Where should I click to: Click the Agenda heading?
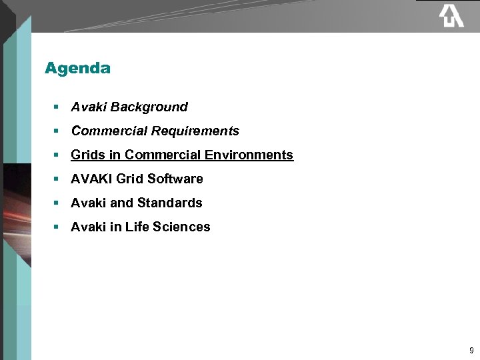coord(77,68)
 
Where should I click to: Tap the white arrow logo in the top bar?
coord(451,15)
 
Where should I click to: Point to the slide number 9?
coord(471,351)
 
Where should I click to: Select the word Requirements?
coord(195,131)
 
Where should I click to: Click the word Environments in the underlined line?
coord(249,155)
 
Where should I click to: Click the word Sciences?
coord(181,227)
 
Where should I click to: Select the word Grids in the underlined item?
coord(87,155)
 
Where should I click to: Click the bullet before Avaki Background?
coord(57,107)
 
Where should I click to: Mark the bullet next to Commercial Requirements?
coord(57,131)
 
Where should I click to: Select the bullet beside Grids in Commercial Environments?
coord(57,155)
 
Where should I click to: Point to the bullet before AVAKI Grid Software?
coord(57,179)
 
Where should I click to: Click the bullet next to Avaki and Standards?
coord(57,203)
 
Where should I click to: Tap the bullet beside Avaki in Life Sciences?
coord(57,227)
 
